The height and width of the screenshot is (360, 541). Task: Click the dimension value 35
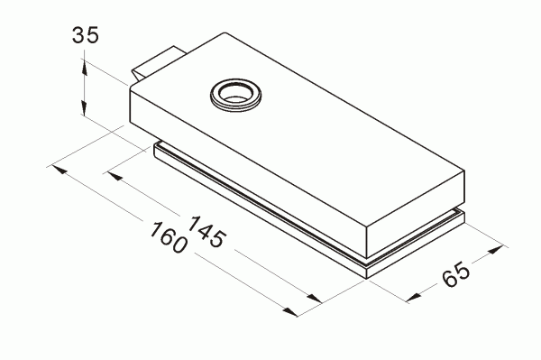(85, 37)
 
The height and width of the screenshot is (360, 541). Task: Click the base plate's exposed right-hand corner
(463, 214)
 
